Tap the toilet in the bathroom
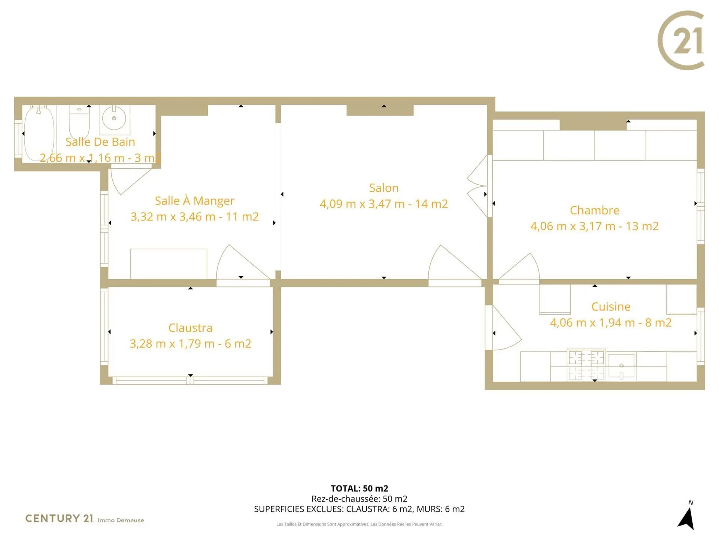79,122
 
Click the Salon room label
384,188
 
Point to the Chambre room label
595,210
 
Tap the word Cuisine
611,306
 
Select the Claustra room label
190,328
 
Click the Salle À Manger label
195,201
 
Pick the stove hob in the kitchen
586,365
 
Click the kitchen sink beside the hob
622,366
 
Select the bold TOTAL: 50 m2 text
359,488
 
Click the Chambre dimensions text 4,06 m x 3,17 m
573,226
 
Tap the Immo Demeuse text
121,520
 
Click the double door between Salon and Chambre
477,186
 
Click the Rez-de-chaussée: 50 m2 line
359,499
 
